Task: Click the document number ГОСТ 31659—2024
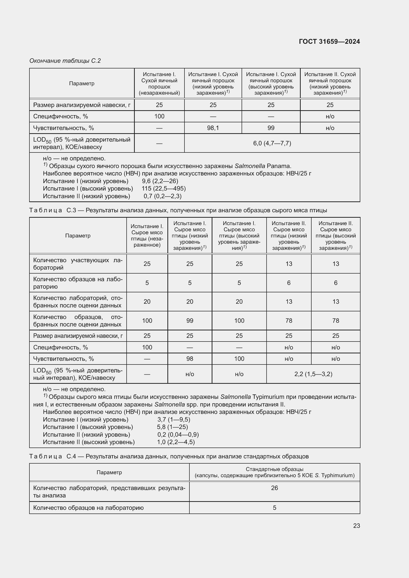[329, 42]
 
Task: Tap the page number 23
[356, 526]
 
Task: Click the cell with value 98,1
[213, 128]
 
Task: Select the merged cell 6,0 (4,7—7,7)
[272, 143]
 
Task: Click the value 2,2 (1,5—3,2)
[313, 374]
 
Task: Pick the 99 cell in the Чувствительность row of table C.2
[271, 128]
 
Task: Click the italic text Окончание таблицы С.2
[65, 61]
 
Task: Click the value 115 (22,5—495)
[163, 189]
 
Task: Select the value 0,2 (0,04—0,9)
[178, 434]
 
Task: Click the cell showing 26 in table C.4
[274, 488]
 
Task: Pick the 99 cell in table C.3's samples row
[190, 321]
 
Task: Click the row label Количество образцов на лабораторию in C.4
[88, 508]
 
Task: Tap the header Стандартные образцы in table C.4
[274, 469]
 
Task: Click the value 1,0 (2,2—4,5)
[176, 442]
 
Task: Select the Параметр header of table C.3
[78, 236]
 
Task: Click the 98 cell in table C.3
[190, 359]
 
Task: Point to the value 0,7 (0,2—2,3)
[162, 196]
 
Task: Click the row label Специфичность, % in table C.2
[61, 116]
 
